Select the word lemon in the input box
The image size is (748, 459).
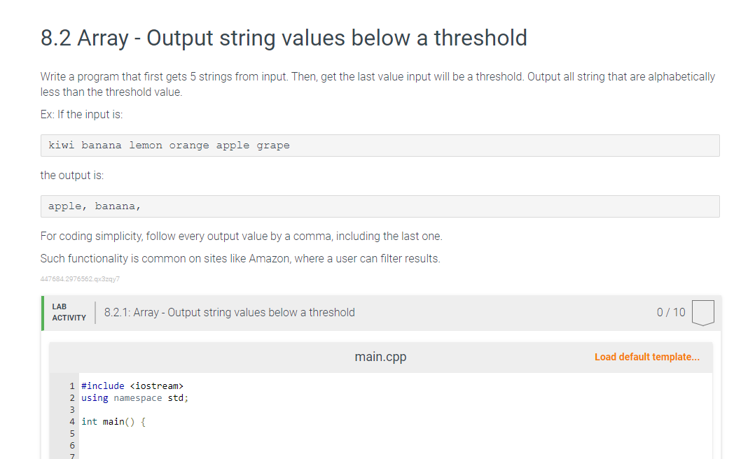point(146,146)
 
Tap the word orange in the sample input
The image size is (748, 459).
point(189,146)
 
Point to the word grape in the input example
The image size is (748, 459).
point(273,146)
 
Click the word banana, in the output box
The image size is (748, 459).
point(118,206)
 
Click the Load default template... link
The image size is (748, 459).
point(646,357)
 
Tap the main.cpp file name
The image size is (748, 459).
point(380,357)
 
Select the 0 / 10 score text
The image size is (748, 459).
point(671,312)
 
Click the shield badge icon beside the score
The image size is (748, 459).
point(702,313)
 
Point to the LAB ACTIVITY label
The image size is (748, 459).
point(69,312)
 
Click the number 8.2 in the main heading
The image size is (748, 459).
point(56,38)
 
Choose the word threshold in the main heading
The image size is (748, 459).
point(480,38)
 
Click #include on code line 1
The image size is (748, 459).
point(103,386)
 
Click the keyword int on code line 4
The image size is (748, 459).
point(89,422)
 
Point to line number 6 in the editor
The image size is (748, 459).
point(72,445)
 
